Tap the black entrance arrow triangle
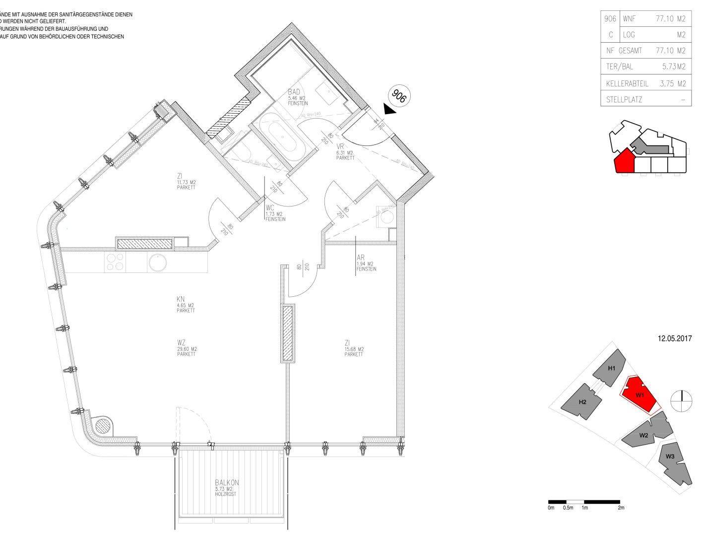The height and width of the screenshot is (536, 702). click(x=390, y=109)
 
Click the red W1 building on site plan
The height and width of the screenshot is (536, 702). click(x=639, y=395)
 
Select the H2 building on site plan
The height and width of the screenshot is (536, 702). click(x=582, y=401)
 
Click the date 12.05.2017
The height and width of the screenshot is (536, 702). click(x=674, y=339)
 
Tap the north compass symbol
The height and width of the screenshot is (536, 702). click(x=682, y=401)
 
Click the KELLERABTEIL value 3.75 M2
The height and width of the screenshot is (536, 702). click(x=672, y=83)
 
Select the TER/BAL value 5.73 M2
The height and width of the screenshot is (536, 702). click(x=674, y=66)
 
